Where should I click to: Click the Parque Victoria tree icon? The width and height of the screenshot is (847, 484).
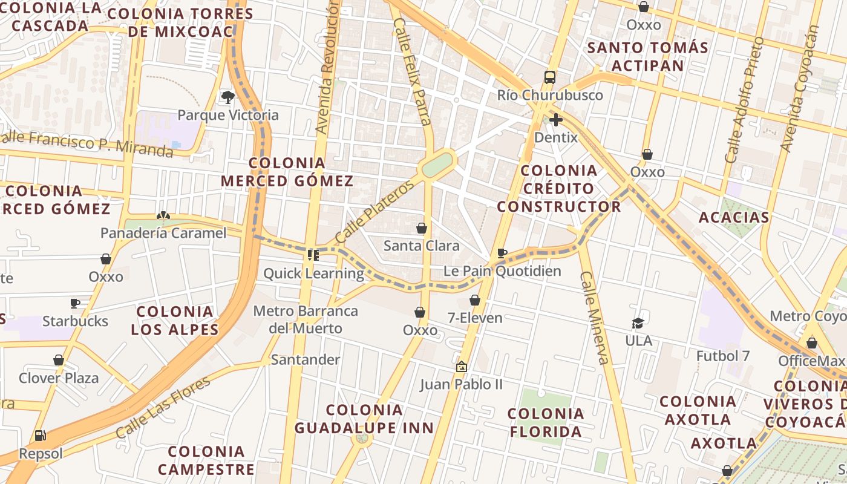[x=227, y=97]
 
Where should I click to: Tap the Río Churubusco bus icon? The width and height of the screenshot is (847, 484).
[x=549, y=77]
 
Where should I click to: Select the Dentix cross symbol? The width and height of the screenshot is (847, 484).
[x=555, y=119]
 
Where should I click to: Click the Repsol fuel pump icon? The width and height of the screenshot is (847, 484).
[x=40, y=436]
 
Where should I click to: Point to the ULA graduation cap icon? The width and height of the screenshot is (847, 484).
[x=638, y=323]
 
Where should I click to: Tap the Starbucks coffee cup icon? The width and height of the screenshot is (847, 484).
[x=75, y=303]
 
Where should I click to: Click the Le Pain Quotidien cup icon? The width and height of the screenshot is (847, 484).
[x=502, y=253]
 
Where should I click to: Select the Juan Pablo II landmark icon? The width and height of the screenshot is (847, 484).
[x=461, y=367]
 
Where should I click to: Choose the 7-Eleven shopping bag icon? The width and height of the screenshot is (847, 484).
[x=475, y=300]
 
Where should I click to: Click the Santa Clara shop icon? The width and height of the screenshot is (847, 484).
[x=422, y=228]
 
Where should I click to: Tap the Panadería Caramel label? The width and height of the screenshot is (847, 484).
[x=163, y=233]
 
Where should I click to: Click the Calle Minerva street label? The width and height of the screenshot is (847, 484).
[x=594, y=317]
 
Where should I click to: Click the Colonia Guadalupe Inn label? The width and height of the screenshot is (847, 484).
[x=364, y=419]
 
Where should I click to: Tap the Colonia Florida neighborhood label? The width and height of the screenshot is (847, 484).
[x=546, y=422]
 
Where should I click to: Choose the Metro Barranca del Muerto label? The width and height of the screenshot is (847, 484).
[x=306, y=319]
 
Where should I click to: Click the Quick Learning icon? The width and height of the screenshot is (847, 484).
[x=313, y=255]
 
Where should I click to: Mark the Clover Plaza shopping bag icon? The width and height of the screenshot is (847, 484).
[x=59, y=361]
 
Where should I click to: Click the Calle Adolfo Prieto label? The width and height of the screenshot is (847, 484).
[x=744, y=100]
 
